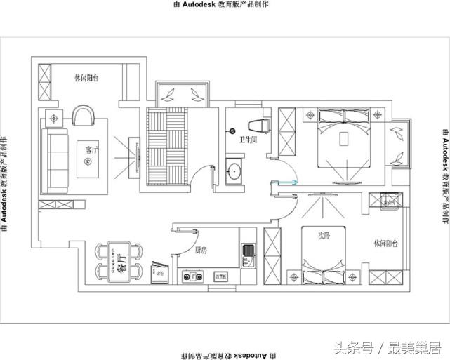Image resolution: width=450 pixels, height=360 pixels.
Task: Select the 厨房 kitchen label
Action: tap(201, 250)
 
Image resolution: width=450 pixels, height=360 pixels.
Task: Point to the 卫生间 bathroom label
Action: tap(248, 139)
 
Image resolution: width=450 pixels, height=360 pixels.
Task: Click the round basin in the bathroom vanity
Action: tap(234, 171)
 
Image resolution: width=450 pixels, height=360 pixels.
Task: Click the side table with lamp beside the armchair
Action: tap(53, 116)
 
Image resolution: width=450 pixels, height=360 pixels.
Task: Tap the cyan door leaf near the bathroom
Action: tap(286, 185)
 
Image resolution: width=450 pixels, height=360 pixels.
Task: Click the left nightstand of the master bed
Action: tap(309, 114)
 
